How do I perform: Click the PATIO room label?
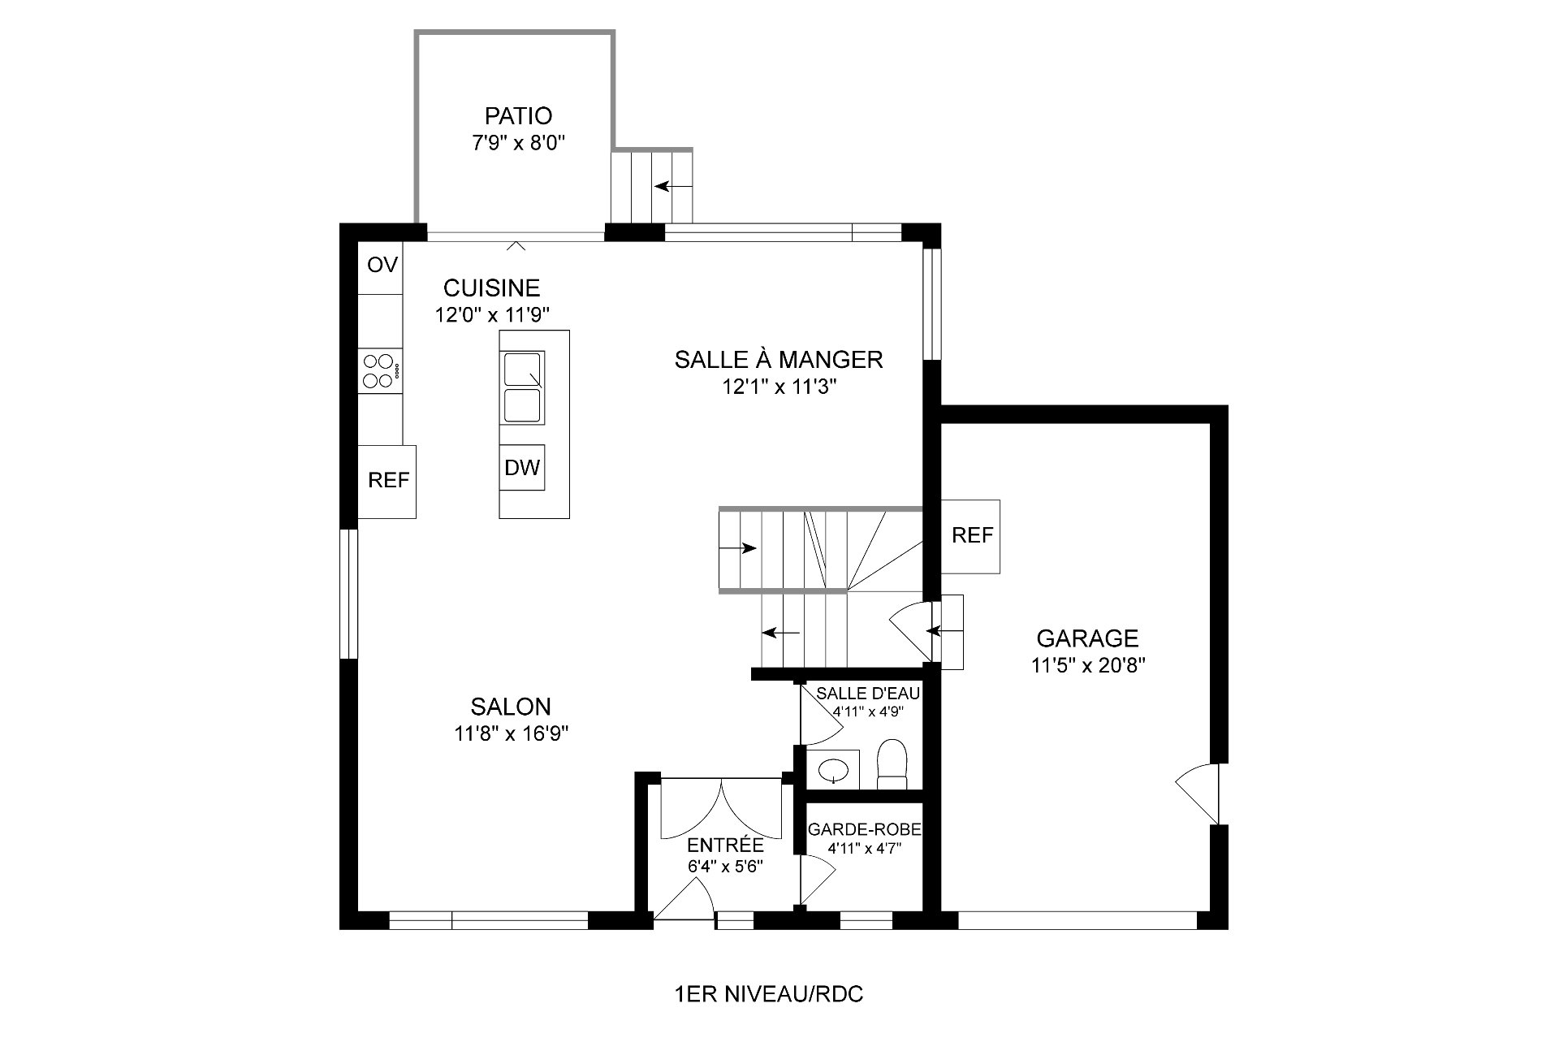tap(518, 115)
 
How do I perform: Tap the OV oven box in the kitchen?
tap(382, 265)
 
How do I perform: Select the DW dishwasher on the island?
tap(522, 467)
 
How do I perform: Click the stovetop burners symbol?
tap(381, 371)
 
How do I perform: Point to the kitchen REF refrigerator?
tap(387, 481)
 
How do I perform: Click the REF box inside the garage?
tap(971, 536)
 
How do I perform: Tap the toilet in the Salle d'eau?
tap(892, 764)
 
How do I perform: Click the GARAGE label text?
tap(1087, 638)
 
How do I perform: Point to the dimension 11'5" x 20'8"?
tap(1088, 666)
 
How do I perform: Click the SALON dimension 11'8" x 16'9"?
tap(511, 733)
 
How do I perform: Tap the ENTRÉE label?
tap(725, 846)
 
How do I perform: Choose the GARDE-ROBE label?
tap(864, 830)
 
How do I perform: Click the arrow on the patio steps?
tap(674, 186)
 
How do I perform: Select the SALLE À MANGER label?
tap(779, 359)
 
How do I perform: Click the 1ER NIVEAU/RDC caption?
tap(768, 994)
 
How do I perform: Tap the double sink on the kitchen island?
tap(522, 387)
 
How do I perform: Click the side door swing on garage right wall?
tap(1198, 793)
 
